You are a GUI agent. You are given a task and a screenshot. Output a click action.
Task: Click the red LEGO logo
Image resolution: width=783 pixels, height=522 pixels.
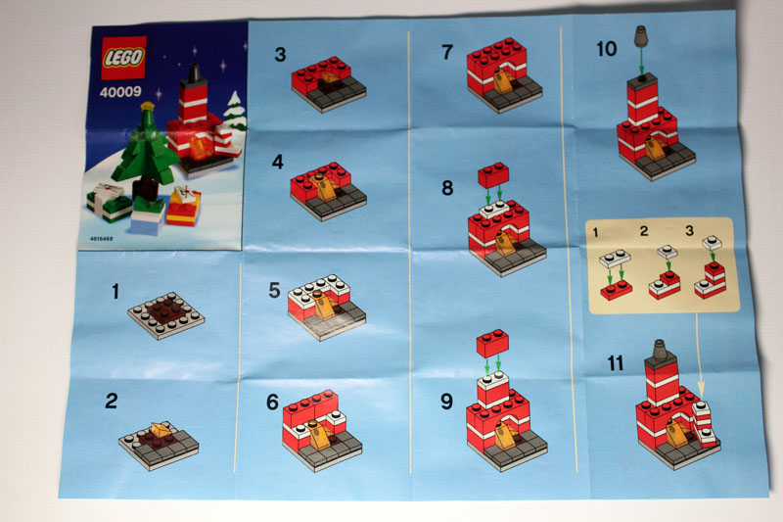click(123, 58)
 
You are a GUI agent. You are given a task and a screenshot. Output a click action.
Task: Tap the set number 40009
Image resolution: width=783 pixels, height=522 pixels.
click(120, 91)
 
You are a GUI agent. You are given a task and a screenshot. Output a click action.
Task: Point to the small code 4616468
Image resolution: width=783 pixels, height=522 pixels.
click(102, 239)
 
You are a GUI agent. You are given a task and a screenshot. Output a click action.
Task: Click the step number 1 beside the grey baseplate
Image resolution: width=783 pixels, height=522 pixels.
click(115, 291)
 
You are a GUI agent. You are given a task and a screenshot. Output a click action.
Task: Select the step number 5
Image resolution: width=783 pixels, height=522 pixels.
click(275, 290)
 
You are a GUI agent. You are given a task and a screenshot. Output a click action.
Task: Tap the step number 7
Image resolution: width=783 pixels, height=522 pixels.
click(447, 52)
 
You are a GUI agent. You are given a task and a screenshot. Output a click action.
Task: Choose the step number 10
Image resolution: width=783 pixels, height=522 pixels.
click(607, 49)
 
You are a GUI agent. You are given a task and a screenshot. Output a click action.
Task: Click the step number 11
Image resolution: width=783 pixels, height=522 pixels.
click(616, 363)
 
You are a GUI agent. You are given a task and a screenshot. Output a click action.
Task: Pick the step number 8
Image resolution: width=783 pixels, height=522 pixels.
click(447, 188)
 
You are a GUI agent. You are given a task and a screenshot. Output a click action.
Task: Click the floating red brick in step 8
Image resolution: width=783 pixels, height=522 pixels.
click(493, 175)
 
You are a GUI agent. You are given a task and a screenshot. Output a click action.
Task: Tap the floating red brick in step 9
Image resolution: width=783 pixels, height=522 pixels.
click(493, 343)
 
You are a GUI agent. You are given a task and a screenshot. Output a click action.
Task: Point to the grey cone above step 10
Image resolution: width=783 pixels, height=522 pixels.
click(641, 37)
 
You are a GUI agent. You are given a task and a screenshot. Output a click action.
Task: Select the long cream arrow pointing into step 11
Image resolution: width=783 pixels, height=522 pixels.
click(699, 354)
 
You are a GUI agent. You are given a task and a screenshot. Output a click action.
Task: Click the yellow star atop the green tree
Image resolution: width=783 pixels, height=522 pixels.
click(148, 106)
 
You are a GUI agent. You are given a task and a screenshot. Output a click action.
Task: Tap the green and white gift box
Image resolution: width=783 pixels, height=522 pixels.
click(109, 201)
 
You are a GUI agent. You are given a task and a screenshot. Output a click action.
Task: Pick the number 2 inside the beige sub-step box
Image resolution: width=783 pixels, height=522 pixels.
click(644, 231)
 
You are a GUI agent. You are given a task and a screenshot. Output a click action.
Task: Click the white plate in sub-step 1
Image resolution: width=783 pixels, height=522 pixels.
click(616, 259)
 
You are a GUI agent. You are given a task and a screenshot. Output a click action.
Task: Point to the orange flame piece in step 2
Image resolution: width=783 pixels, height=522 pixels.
click(160, 430)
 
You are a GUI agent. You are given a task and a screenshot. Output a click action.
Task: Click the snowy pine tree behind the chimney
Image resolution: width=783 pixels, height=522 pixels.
click(234, 111)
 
